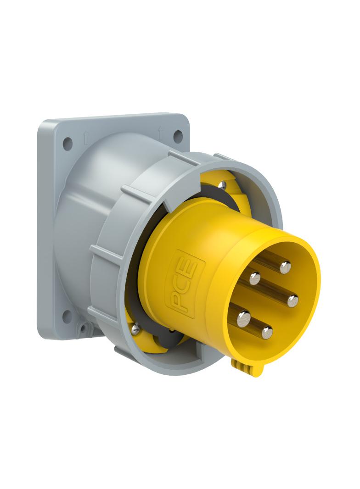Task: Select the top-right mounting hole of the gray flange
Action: pyautogui.click(x=178, y=136)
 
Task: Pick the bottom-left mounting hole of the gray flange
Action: pyautogui.click(x=67, y=316)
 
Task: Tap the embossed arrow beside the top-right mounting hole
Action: pyautogui.click(x=160, y=131)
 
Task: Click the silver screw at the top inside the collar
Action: pyautogui.click(x=222, y=185)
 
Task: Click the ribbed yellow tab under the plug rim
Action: pyautogui.click(x=242, y=367)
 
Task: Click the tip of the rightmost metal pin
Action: pyautogui.click(x=292, y=301)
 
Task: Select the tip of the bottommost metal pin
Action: pyautogui.click(x=267, y=332)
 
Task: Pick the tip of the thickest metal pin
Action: pyautogui.click(x=243, y=317)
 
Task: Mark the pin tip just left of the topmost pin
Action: pyautogui.click(x=255, y=278)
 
